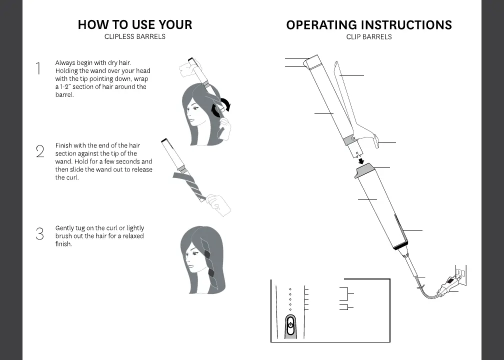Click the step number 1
coord(38,68)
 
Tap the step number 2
coord(40,151)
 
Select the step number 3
coord(40,233)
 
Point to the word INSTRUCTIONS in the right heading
coord(405,25)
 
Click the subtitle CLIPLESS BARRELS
coord(135,37)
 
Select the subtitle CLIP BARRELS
coord(369,37)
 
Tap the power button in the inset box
coord(290,324)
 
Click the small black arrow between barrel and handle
coord(361,160)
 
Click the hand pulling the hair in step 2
coord(218,202)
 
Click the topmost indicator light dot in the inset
coord(290,289)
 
